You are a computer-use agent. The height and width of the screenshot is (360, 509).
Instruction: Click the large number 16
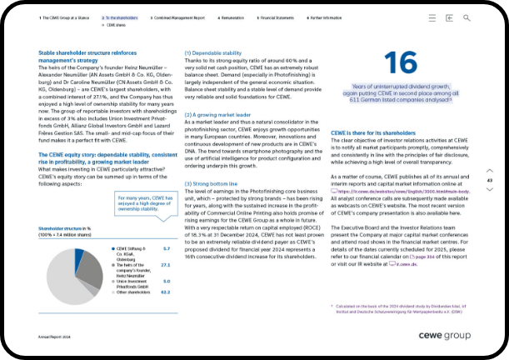[x=402, y=64]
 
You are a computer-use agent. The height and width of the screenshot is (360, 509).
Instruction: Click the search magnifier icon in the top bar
[x=467, y=17]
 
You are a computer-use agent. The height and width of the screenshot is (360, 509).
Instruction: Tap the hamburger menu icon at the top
[x=432, y=17]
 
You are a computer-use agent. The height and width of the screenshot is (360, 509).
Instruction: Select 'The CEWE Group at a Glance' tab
[x=65, y=17]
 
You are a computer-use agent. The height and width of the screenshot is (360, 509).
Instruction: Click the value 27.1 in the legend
[x=165, y=264]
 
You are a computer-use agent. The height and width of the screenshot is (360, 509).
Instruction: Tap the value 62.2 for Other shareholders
[x=165, y=292]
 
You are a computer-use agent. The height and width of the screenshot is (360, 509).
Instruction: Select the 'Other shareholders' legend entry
[x=132, y=292]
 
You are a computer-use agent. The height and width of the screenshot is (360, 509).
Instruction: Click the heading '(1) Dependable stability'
[x=213, y=52]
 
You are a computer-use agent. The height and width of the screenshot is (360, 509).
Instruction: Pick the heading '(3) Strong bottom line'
[x=212, y=182]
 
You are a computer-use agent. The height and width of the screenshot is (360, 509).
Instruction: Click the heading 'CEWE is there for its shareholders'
[x=372, y=132]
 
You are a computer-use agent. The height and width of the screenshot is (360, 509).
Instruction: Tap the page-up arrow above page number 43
[x=489, y=170]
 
